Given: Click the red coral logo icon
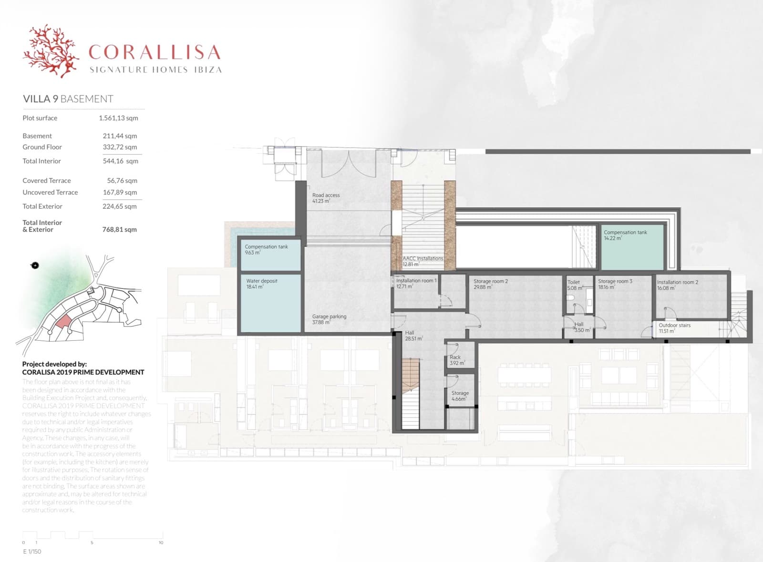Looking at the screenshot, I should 51,51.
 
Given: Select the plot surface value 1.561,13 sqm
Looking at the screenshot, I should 118,118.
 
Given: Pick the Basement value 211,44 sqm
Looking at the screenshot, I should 120,136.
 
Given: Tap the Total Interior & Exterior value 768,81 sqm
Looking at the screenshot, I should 119,229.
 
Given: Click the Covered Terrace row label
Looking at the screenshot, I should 47,181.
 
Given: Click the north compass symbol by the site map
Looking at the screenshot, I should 35,266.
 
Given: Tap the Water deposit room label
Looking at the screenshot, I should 262,281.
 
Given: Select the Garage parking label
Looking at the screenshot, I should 329,317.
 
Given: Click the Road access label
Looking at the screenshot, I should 326,195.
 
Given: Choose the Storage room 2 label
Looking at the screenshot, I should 490,281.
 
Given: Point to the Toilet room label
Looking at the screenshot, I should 574,282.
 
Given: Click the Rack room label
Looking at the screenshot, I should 455,357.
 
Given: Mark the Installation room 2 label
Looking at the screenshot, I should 677,282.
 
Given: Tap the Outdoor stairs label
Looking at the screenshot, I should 674,326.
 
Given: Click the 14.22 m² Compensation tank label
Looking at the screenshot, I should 625,233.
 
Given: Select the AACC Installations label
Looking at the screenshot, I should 423,258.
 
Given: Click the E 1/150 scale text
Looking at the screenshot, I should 32,552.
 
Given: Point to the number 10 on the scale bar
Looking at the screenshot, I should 161,542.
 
